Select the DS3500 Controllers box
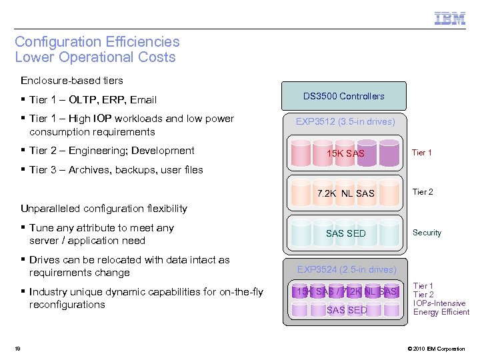tap(343, 96)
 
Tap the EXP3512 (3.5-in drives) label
tap(345, 121)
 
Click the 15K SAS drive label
tap(345, 153)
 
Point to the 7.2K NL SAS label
tap(345, 193)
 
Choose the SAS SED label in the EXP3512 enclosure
tap(345, 233)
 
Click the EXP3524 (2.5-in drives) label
tap(346, 269)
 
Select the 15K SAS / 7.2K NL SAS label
tap(346, 291)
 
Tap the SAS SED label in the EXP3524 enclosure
tap(346, 310)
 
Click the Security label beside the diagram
tap(427, 233)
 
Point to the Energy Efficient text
tap(441, 312)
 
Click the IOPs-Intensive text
tap(439, 303)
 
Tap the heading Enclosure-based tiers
tap(72, 81)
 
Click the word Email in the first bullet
tap(143, 100)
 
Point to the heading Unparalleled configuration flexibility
tap(104, 209)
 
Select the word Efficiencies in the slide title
tap(139, 42)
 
